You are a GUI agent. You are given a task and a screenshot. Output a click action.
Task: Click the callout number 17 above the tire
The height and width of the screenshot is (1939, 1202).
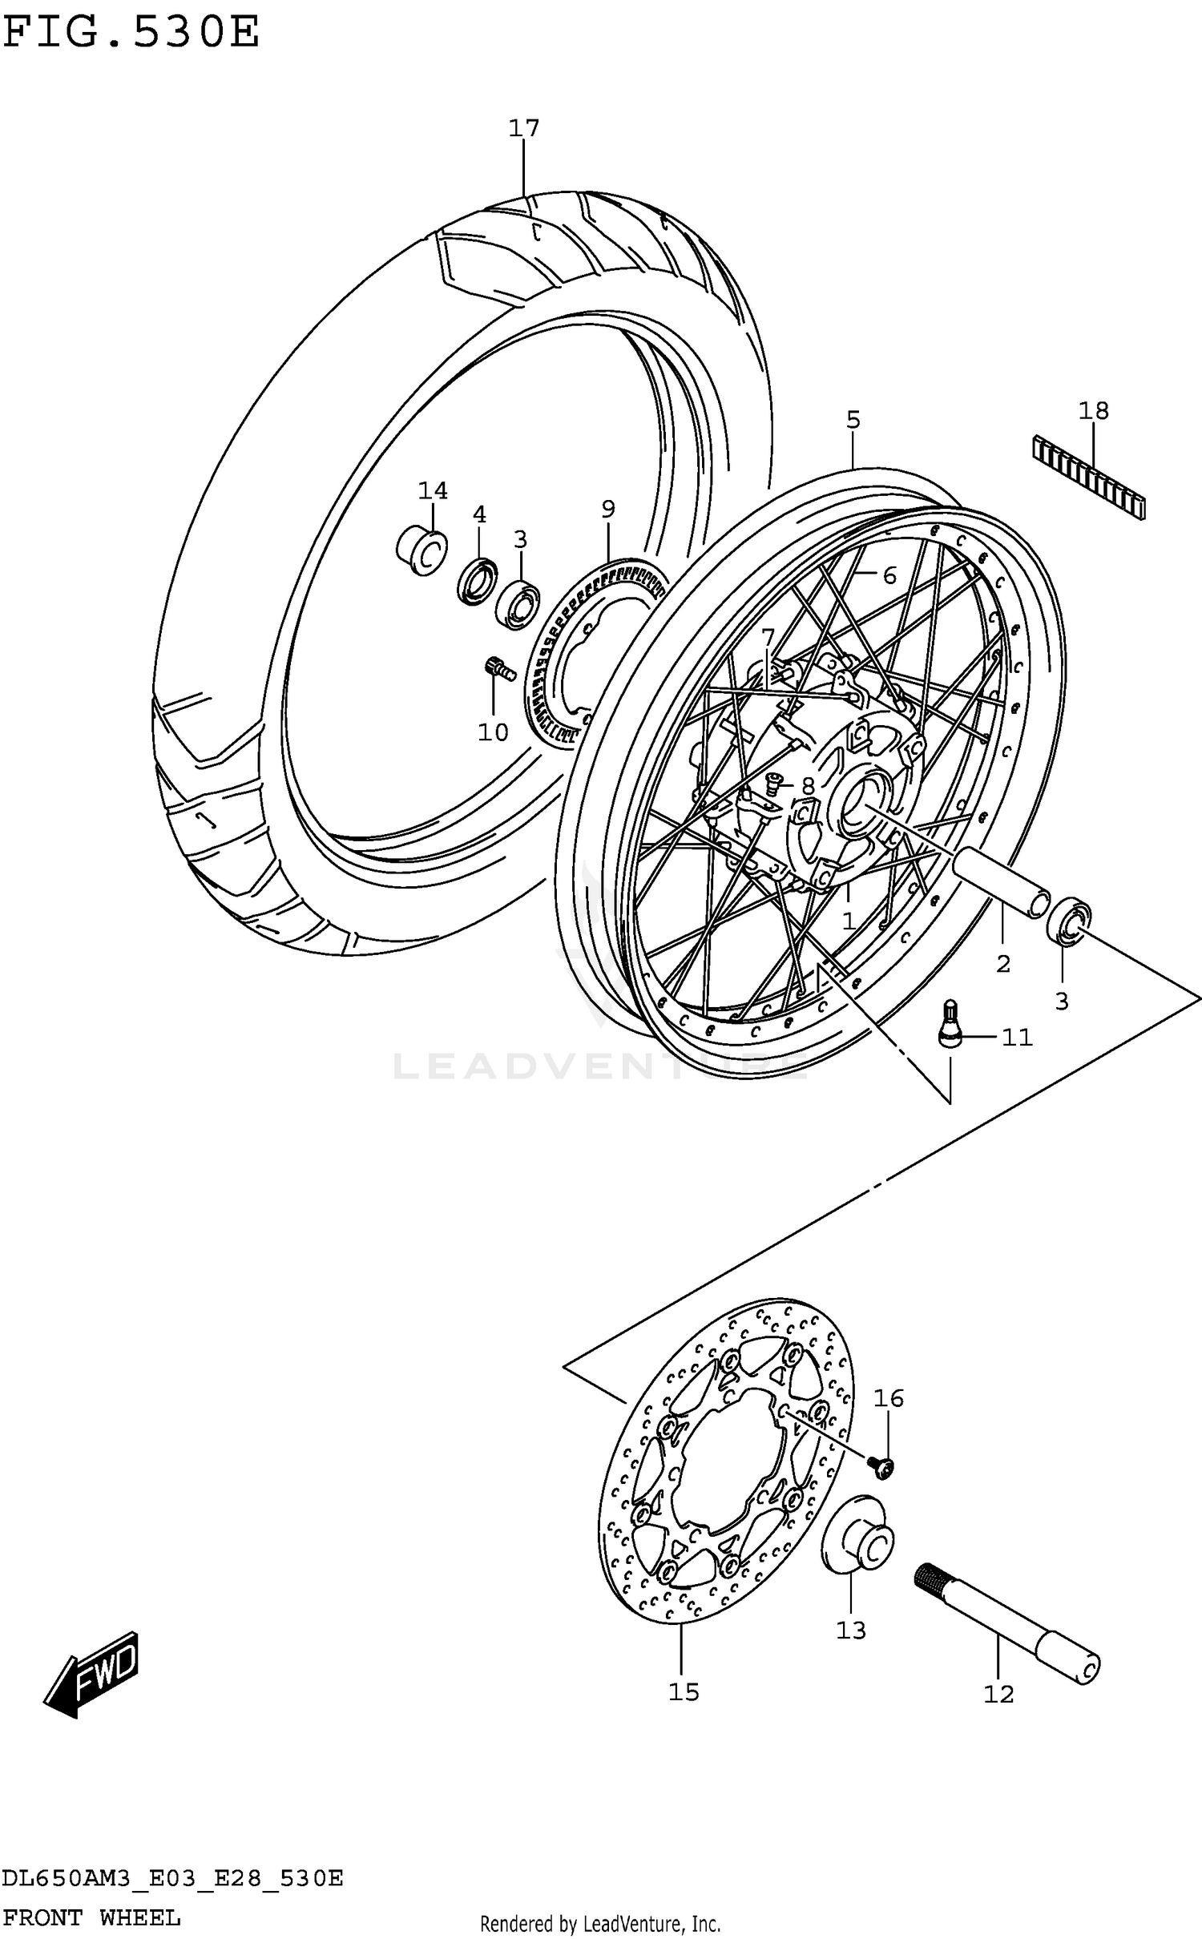524,128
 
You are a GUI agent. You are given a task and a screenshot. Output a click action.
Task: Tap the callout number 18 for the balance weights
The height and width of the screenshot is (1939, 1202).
1094,411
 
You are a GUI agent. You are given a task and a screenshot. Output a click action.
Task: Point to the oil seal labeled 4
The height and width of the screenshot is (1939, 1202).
478,583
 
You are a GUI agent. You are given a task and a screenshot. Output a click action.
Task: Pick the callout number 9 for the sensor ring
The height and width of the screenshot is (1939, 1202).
608,509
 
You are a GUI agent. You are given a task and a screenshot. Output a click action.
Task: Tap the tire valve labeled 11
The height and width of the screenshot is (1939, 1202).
950,1024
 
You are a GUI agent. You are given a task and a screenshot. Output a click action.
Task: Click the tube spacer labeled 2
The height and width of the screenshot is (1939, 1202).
1002,879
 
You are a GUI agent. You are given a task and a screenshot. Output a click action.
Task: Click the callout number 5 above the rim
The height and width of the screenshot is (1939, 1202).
853,420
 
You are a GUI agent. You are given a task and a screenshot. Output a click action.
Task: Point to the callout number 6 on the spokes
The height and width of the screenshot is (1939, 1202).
889,575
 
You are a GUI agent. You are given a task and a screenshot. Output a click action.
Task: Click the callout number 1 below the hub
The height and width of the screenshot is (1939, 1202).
849,921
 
